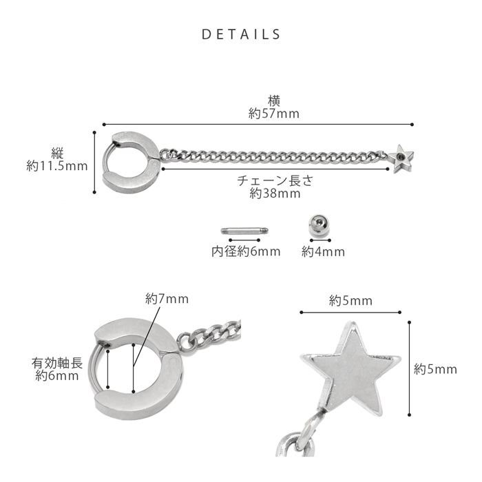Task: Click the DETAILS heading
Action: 241,34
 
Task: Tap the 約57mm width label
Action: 274,114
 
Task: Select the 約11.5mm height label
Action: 57,167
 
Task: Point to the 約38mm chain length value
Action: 275,193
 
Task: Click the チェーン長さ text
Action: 275,180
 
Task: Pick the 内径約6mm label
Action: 246,252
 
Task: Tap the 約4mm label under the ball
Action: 323,252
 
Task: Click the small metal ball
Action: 319,225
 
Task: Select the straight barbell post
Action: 244,231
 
